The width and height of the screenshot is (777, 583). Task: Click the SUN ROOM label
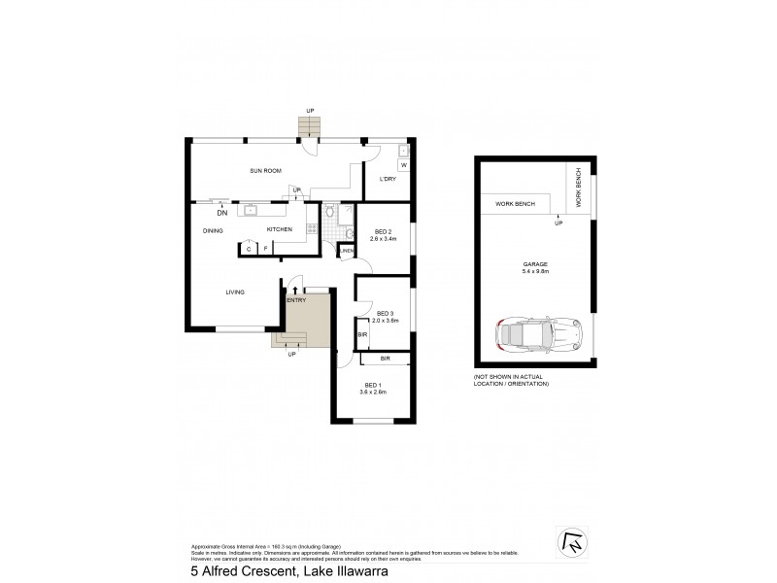pyautogui.click(x=265, y=171)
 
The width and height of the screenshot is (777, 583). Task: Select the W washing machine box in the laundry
pyautogui.click(x=403, y=165)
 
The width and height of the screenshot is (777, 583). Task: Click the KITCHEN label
pyautogui.click(x=281, y=229)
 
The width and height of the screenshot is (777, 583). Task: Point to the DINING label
pyautogui.click(x=214, y=230)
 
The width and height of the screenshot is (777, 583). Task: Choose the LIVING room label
pyautogui.click(x=235, y=291)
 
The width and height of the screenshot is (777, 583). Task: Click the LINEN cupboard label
pyautogui.click(x=347, y=251)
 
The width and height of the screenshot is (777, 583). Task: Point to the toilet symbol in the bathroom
pyautogui.click(x=332, y=212)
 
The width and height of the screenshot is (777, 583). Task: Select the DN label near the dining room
pyautogui.click(x=222, y=213)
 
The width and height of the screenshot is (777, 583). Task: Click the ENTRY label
pyautogui.click(x=296, y=300)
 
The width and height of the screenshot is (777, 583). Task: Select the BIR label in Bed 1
pyautogui.click(x=385, y=360)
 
